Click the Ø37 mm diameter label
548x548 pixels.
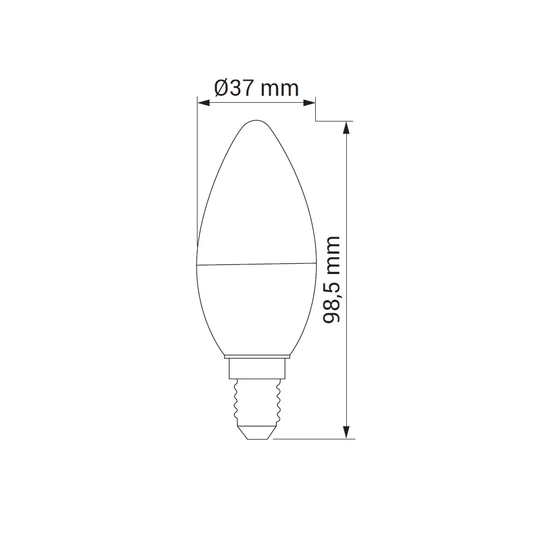tap(256, 88)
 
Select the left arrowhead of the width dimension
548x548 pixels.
tap(203, 102)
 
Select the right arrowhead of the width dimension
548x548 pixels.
tap(309, 102)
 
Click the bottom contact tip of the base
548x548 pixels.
tap(257, 435)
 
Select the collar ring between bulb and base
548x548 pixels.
tap(257, 356)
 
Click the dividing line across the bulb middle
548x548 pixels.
tap(256, 264)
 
